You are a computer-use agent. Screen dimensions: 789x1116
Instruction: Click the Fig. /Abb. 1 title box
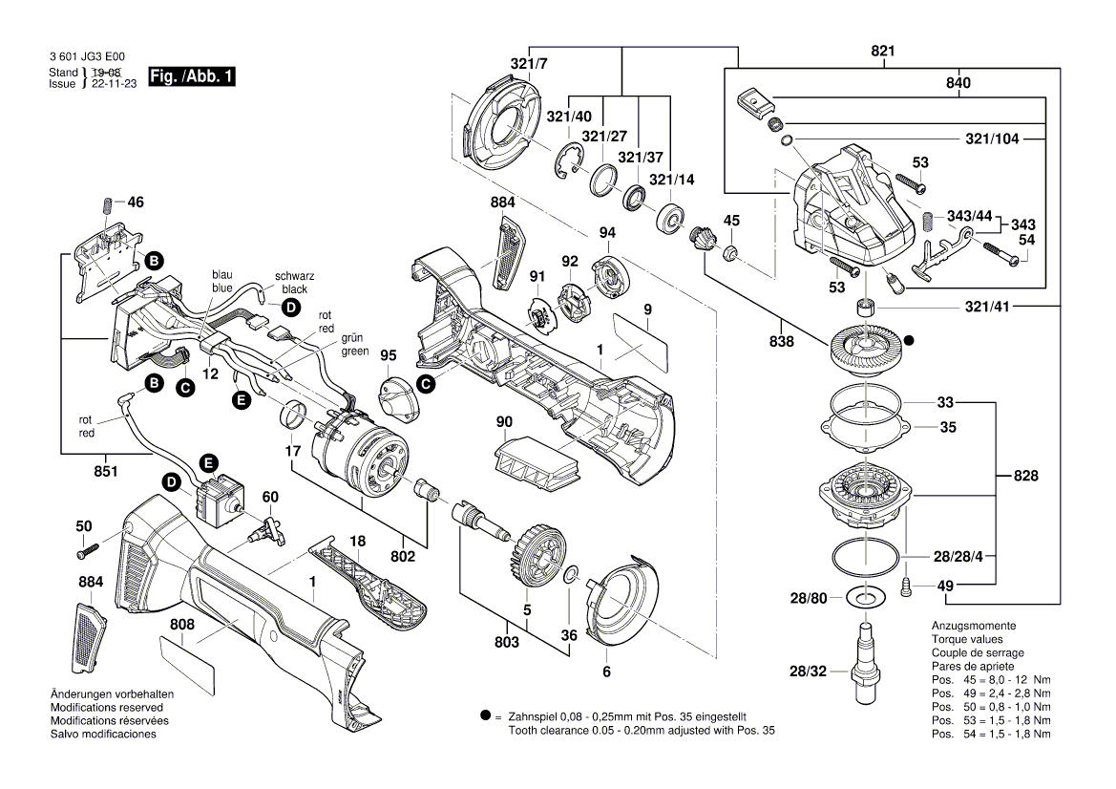191,77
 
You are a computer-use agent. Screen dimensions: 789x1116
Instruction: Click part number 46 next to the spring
136,203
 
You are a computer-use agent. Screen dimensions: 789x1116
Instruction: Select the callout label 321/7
529,64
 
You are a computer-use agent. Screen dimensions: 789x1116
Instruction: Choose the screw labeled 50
89,548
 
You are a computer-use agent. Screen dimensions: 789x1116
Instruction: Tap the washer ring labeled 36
569,574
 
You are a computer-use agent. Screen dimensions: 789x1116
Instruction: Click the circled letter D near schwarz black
289,308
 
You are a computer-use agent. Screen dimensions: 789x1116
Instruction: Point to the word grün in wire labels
354,338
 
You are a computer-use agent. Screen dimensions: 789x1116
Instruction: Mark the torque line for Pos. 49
991,693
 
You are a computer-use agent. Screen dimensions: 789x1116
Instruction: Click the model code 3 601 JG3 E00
86,58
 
